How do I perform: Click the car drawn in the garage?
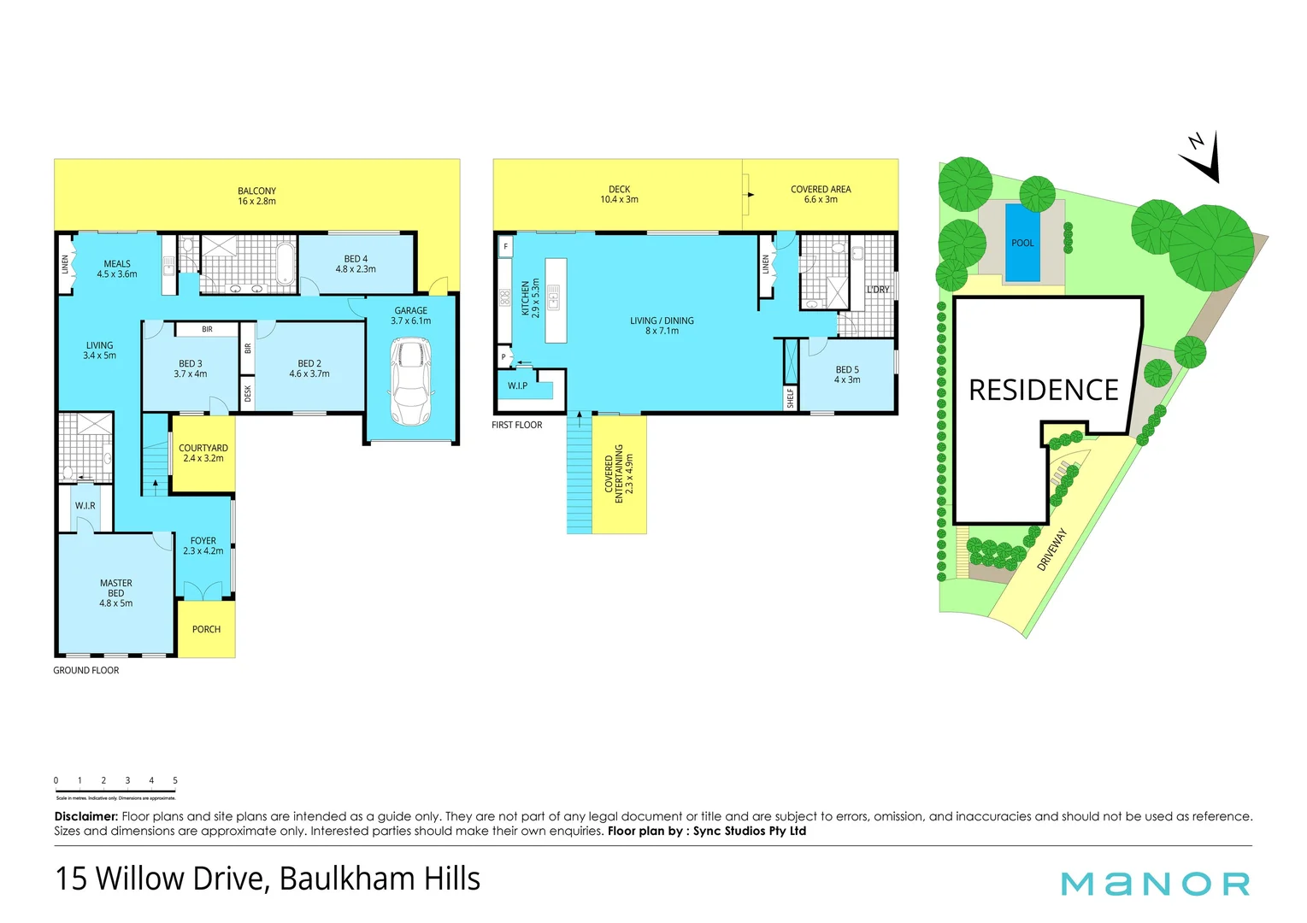pos(410,381)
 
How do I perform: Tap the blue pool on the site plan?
pos(1022,243)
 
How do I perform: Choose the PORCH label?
pos(206,629)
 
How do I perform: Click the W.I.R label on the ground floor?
pos(85,506)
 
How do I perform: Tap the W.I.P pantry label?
pos(517,386)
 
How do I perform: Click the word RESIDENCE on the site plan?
pos(1043,391)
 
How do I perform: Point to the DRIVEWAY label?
pos(1052,550)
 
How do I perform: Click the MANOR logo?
pos(1155,884)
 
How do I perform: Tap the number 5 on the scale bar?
pos(175,780)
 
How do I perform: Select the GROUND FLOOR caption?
pos(86,670)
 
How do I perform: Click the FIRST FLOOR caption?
pos(517,425)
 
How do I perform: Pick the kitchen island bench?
pos(556,301)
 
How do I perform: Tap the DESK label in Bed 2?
pos(248,393)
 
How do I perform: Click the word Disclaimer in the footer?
pos(85,816)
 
